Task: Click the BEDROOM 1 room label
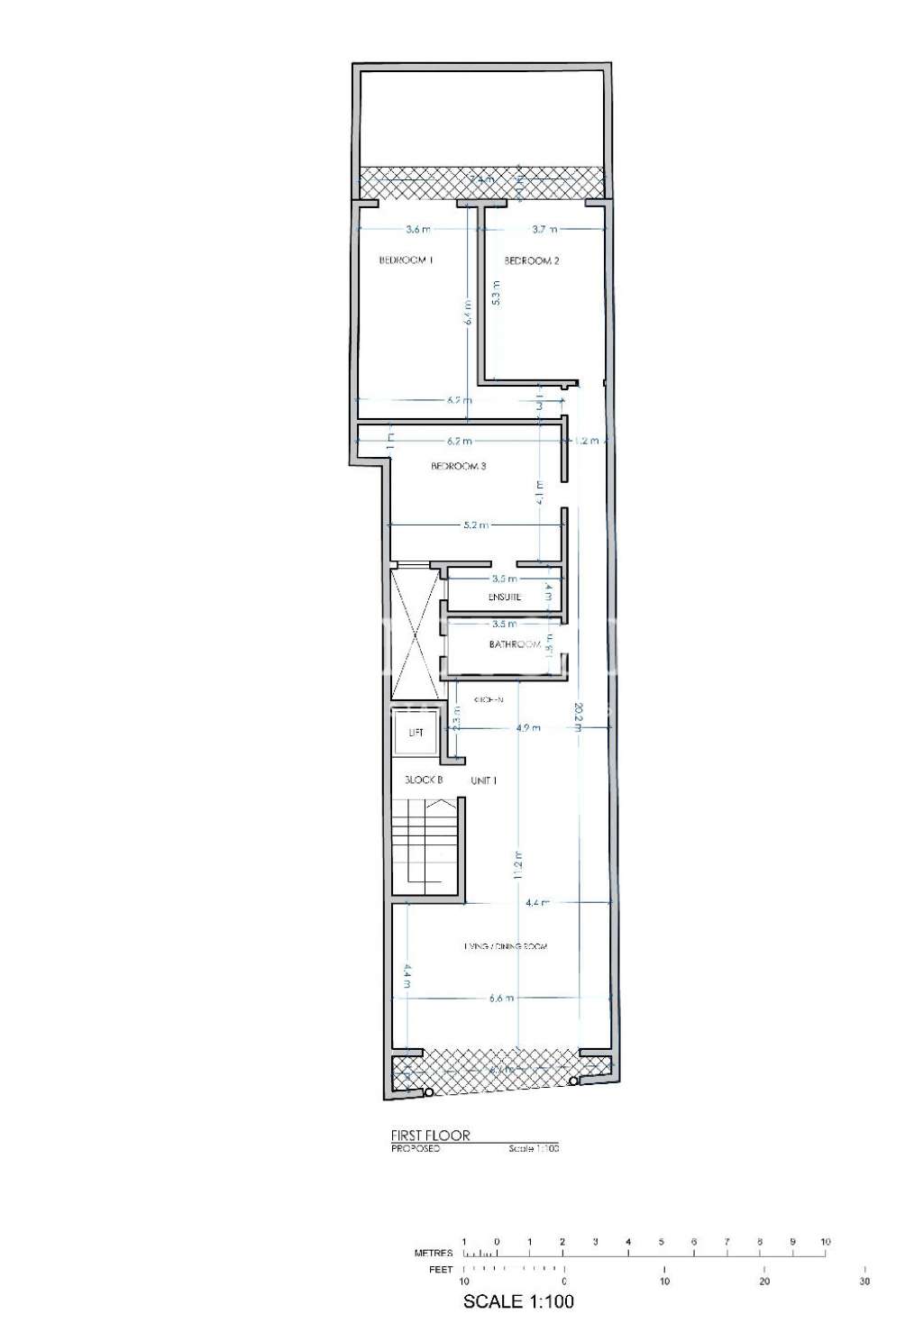point(406,260)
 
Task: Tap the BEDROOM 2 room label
point(532,261)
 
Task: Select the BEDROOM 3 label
point(459,467)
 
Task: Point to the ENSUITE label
point(505,598)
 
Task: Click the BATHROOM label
point(515,644)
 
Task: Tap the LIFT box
point(416,733)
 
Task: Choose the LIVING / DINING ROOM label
point(506,946)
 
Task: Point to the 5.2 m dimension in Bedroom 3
point(476,525)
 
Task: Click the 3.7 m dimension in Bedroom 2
point(544,230)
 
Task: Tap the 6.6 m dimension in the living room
point(501,998)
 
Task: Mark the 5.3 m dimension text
point(496,293)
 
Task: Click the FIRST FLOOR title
point(430,1136)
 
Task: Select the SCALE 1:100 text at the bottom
point(517,1301)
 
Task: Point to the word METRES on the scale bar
point(433,1254)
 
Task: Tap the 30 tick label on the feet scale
point(864,1282)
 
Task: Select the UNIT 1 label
point(483,780)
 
